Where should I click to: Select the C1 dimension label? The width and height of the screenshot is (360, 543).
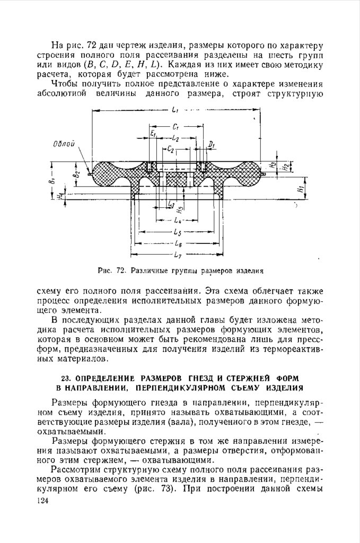click(175, 127)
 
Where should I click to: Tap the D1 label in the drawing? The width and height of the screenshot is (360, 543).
click(212, 144)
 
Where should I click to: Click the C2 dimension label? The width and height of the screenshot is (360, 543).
click(170, 150)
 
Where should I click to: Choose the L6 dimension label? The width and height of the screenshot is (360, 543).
click(177, 244)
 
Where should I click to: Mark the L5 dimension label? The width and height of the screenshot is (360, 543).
click(177, 232)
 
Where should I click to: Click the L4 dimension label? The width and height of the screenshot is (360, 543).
click(177, 220)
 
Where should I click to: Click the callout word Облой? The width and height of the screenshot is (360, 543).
click(64, 144)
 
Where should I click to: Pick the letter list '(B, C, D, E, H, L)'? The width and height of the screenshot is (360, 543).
click(128, 65)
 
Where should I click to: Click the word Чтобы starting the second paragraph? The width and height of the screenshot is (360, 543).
click(65, 85)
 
